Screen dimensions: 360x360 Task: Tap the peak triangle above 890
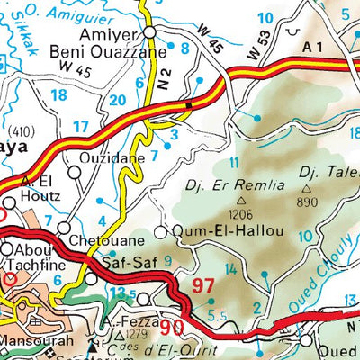pyautogui.click(x=307, y=189)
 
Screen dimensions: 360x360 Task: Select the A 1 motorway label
pyautogui.click(x=312, y=45)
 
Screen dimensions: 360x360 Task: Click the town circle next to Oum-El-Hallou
pyautogui.click(x=161, y=232)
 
